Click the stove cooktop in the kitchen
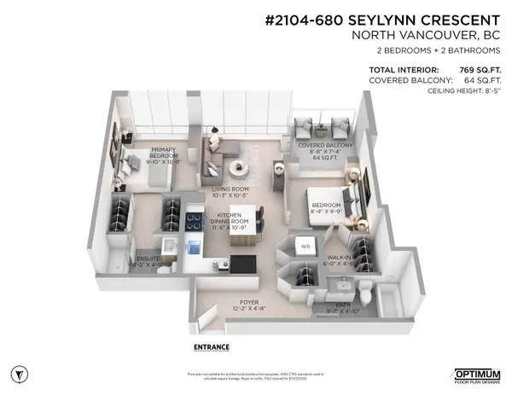194,217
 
